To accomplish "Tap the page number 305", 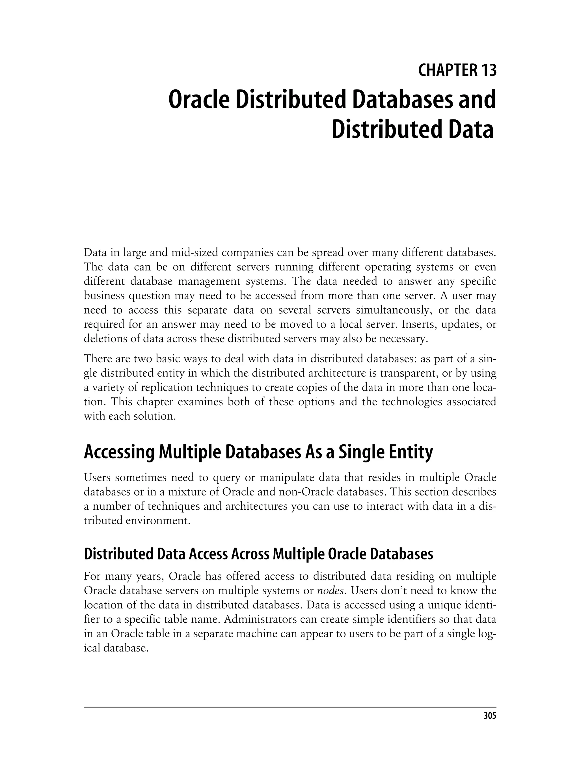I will pos(490,716).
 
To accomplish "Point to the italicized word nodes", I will pos(330,591).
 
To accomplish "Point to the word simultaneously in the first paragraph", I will pos(394,310).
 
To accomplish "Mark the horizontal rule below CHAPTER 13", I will pos(289,84).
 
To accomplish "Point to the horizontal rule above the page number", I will pos(289,707).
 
